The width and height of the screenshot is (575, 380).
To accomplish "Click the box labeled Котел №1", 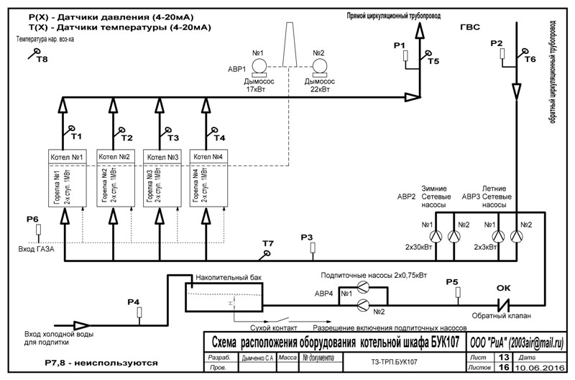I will tap(67, 157).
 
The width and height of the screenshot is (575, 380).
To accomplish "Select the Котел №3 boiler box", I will tap(162, 157).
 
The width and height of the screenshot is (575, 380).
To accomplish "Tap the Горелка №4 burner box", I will tap(208, 185).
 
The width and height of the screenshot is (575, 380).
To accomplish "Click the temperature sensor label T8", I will tap(42, 60).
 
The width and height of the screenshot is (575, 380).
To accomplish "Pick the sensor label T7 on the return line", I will tap(267, 244).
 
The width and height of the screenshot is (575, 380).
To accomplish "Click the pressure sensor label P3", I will tap(307, 237).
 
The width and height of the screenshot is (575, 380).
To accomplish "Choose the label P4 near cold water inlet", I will tap(134, 302).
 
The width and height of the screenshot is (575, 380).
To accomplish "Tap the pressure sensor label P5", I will tap(452, 281).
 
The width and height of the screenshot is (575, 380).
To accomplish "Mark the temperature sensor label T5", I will tap(433, 62).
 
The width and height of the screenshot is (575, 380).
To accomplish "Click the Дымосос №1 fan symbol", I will tap(259, 65).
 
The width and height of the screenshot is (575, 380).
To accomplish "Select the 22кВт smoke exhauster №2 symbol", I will tap(320, 65).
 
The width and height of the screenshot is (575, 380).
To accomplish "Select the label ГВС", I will tap(469, 27).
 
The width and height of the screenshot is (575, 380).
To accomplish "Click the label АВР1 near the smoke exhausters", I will tap(236, 69).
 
